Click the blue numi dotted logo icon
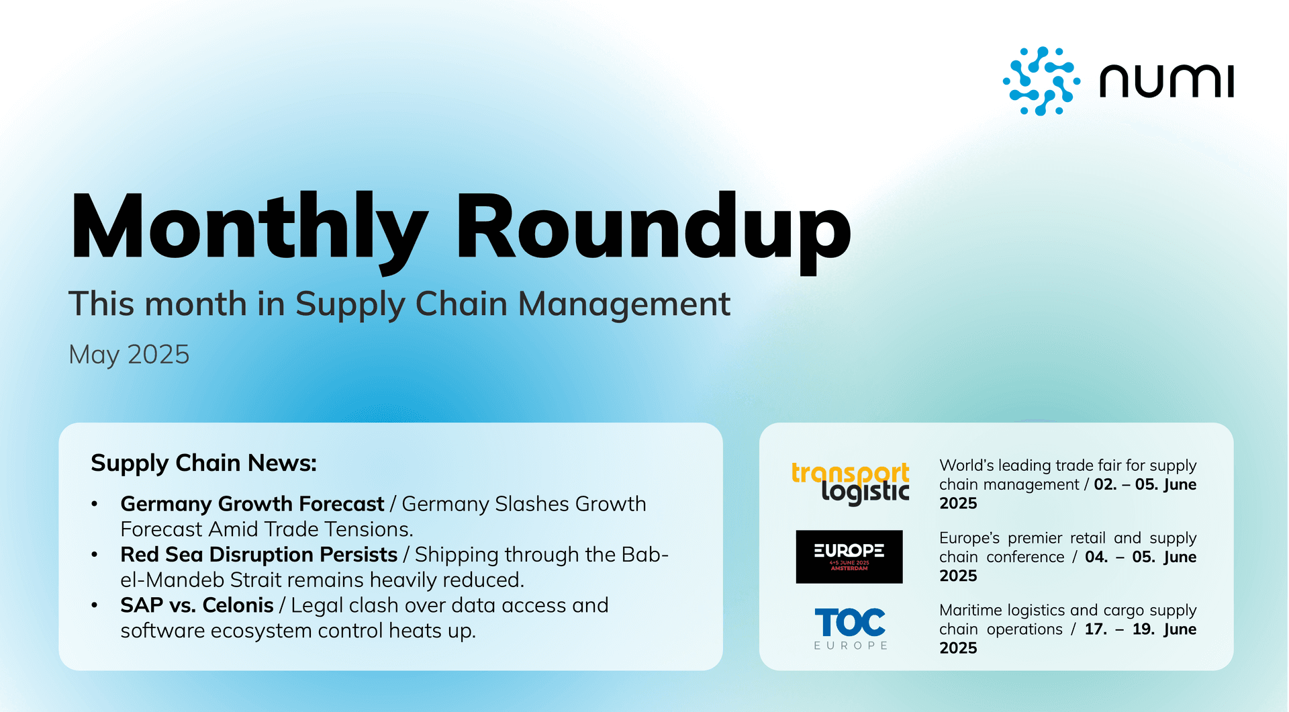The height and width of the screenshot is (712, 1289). tap(1041, 81)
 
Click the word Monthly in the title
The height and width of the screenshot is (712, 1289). tap(248, 226)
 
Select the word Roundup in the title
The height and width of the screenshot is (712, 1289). tap(653, 226)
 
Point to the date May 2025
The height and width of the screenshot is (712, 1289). tap(129, 355)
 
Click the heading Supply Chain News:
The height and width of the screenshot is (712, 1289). tap(203, 463)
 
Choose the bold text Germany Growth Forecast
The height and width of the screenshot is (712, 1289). tap(252, 504)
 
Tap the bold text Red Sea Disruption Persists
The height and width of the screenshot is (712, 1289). tap(258, 555)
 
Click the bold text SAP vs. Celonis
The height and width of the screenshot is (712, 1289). tap(197, 605)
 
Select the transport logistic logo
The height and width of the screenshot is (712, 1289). tap(851, 482)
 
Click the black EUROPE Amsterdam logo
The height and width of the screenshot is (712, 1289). tap(849, 556)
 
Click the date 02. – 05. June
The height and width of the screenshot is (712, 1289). tap(1145, 484)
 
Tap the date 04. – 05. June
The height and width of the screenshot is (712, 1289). tap(1140, 557)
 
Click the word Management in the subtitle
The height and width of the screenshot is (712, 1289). tap(624, 304)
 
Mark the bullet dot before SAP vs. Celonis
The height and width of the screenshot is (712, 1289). tap(95, 605)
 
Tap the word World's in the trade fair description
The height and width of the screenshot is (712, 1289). tap(966, 465)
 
